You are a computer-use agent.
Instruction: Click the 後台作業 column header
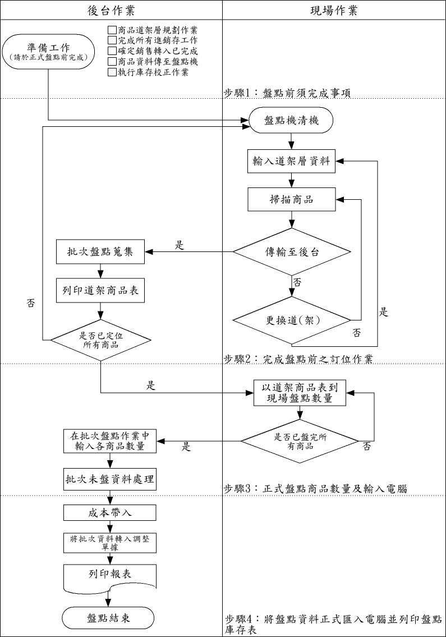click(111, 11)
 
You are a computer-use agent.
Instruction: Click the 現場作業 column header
click(334, 11)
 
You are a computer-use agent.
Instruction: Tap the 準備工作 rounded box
click(48, 51)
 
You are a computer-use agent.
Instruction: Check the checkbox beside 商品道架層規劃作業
click(111, 30)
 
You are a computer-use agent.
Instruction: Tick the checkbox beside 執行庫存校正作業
click(111, 72)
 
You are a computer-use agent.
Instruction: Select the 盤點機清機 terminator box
click(291, 121)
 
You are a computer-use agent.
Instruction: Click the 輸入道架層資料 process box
click(291, 162)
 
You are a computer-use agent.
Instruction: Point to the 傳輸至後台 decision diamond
click(291, 252)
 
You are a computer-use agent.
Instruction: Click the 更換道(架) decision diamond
click(291, 321)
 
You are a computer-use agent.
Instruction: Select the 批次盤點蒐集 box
click(100, 252)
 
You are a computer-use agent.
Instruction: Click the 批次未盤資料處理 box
click(110, 479)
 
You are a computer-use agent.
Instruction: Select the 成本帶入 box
click(110, 512)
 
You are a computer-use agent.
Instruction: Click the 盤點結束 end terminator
click(108, 618)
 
